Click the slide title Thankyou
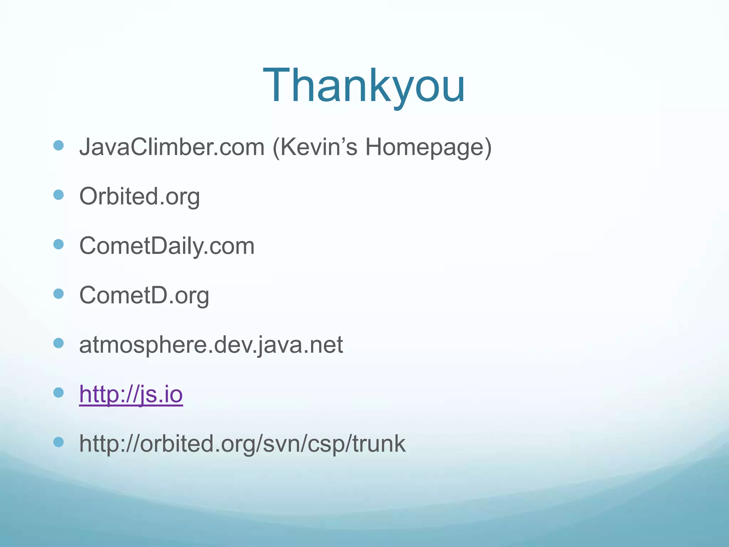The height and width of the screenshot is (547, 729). (x=364, y=86)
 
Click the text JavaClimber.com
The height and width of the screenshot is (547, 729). (x=172, y=147)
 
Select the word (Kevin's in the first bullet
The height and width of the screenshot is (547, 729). (x=315, y=147)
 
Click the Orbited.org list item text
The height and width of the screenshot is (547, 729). (x=140, y=197)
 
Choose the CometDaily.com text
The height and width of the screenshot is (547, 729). (x=167, y=246)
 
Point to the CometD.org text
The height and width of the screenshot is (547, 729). (x=144, y=296)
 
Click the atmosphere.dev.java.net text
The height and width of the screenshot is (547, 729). (x=211, y=345)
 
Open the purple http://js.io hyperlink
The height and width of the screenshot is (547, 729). (x=131, y=394)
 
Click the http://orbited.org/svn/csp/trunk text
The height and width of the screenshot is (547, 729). (x=242, y=444)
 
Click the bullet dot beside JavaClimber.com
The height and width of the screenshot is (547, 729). (x=58, y=145)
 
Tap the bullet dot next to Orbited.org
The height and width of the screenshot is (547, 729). (x=58, y=195)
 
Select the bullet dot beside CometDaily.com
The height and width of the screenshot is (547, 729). (x=58, y=244)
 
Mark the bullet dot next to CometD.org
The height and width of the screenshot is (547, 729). (x=58, y=294)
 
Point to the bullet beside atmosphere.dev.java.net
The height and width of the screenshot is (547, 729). (x=58, y=343)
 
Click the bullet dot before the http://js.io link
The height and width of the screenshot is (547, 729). (x=58, y=393)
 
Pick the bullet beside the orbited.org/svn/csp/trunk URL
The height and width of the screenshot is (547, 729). (x=58, y=442)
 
